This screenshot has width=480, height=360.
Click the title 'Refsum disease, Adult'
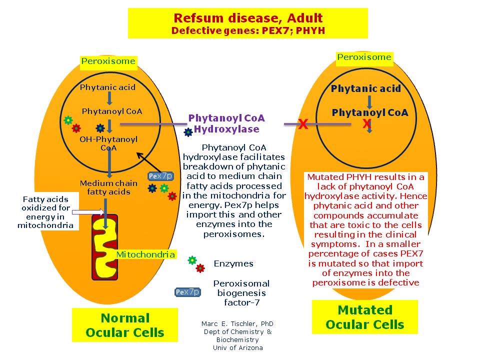(247, 18)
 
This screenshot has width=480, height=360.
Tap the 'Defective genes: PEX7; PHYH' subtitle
(247, 30)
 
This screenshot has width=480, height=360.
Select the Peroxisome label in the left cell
(108, 61)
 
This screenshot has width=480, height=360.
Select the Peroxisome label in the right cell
(364, 57)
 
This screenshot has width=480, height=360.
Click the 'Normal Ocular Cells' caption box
(125, 325)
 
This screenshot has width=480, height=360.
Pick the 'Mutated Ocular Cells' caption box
(364, 317)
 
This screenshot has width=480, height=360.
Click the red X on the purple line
(302, 124)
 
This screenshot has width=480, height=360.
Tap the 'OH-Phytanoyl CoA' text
(108, 143)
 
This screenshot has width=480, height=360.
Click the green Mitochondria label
(145, 254)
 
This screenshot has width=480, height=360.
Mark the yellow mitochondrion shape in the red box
(105, 247)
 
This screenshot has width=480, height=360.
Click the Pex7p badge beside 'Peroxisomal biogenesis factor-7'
(187, 292)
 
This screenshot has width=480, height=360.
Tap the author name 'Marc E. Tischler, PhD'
(237, 323)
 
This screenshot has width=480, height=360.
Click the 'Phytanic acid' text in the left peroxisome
(107, 87)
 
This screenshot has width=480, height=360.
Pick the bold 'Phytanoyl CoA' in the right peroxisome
(370, 112)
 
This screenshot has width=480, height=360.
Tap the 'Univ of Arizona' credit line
(237, 347)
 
